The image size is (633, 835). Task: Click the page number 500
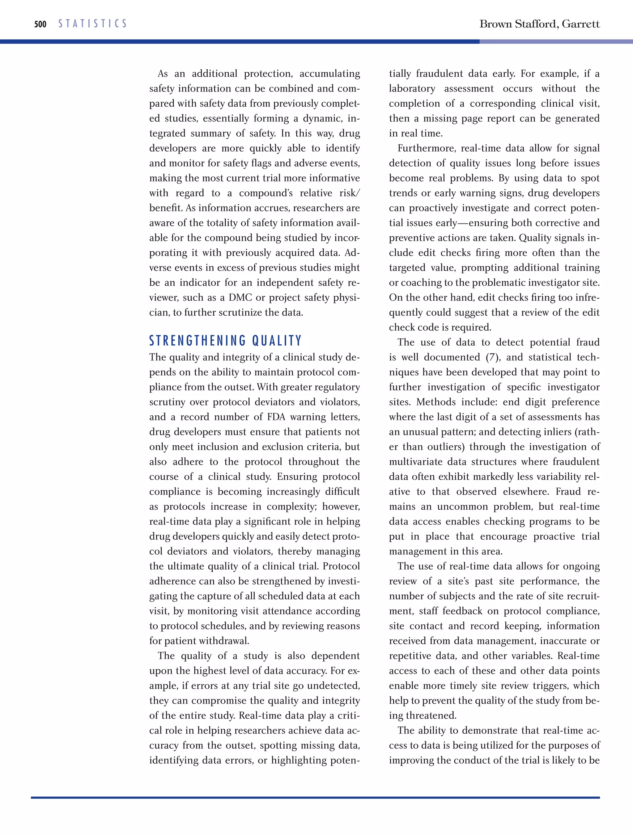coord(40,24)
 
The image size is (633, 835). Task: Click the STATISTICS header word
coord(92,24)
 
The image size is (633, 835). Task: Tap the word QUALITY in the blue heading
coord(277,341)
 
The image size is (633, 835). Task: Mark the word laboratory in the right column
coord(412,89)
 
